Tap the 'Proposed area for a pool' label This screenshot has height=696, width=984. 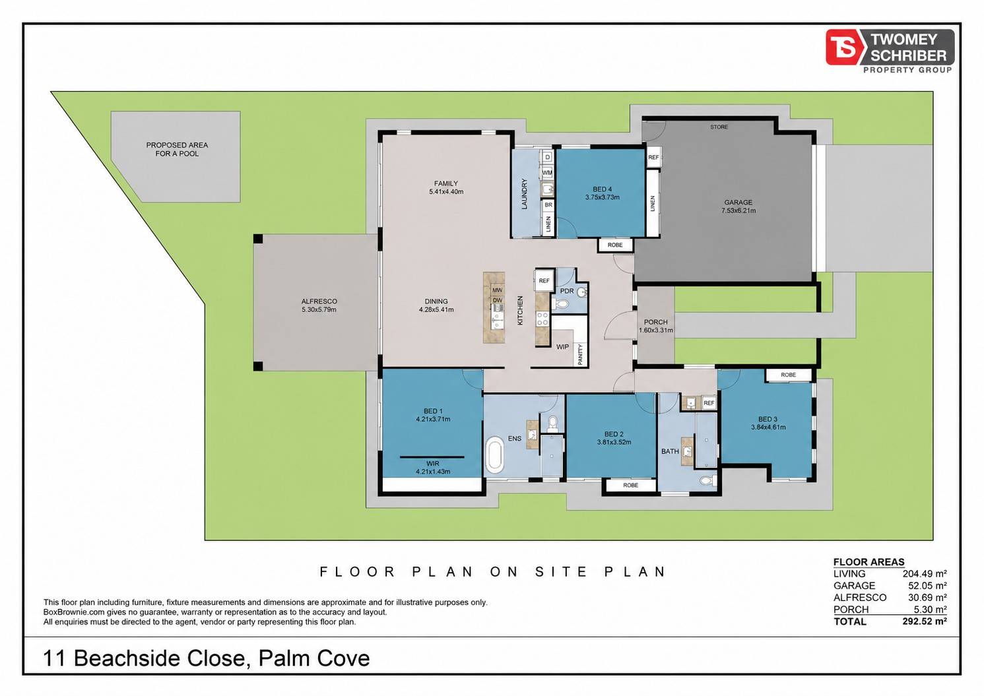pyautogui.click(x=177, y=149)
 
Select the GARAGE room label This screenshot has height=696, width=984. pyautogui.click(x=738, y=203)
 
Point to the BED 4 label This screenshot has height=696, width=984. pyautogui.click(x=602, y=189)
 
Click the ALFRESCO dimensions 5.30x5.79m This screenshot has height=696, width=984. pyautogui.click(x=319, y=309)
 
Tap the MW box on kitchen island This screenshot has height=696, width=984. pyautogui.click(x=497, y=290)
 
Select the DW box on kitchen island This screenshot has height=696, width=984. pyautogui.click(x=497, y=300)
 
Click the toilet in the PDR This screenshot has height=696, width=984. pyautogui.click(x=559, y=303)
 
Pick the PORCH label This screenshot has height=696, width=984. pyautogui.click(x=655, y=322)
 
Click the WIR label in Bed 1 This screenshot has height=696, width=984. pyautogui.click(x=433, y=463)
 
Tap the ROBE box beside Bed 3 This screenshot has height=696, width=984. pyautogui.click(x=788, y=375)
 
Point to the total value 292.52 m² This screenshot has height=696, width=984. pyautogui.click(x=925, y=621)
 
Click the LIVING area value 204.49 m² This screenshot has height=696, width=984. pyautogui.click(x=925, y=573)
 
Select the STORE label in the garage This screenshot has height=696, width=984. pyautogui.click(x=719, y=127)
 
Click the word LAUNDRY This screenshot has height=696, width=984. pyautogui.click(x=524, y=194)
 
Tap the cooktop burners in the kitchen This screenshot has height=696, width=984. pyautogui.click(x=542, y=319)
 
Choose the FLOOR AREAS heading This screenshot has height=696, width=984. pyautogui.click(x=869, y=562)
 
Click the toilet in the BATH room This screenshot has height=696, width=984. pyautogui.click(x=707, y=482)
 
